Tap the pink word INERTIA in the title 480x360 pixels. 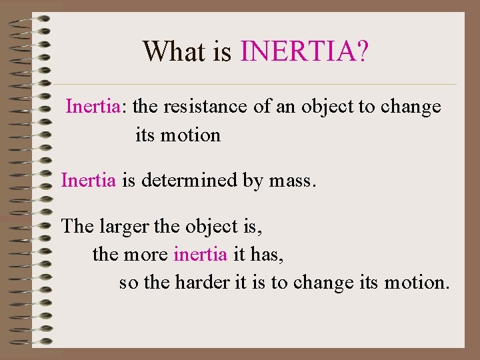click(x=297, y=51)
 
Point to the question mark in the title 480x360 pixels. click(x=361, y=51)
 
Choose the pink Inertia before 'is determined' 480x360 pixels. click(x=89, y=180)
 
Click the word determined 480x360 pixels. click(x=186, y=180)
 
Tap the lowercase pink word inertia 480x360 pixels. click(x=200, y=254)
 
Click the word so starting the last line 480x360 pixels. click(x=129, y=283)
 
